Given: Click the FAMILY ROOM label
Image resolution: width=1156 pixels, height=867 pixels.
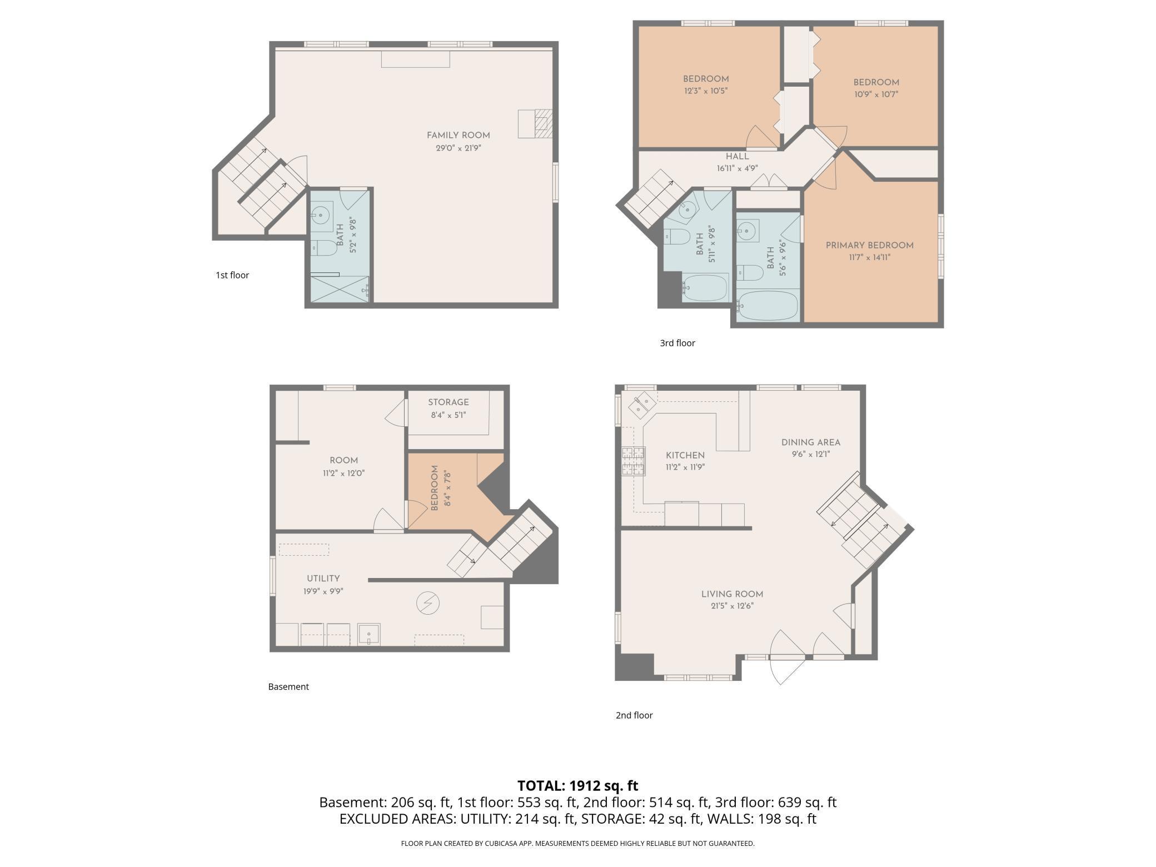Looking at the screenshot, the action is point(458,135).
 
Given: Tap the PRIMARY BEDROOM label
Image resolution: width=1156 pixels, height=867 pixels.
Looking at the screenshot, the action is point(869,245).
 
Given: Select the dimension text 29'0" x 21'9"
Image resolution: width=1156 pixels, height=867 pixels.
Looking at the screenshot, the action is point(458,148).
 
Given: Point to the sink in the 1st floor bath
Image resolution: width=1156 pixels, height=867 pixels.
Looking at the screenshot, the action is point(321,213).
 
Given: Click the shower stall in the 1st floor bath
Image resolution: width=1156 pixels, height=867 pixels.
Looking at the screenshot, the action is point(339,289).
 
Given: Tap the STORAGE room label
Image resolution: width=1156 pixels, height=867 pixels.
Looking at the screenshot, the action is point(448,402).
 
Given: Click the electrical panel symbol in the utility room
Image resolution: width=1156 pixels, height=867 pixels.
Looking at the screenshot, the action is point(428,603).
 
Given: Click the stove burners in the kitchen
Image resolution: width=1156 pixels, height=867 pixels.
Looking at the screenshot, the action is point(633,461).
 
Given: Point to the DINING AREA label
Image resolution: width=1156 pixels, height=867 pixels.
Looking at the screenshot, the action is point(810,442).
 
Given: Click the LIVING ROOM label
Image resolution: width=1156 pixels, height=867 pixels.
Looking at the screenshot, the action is point(732,594).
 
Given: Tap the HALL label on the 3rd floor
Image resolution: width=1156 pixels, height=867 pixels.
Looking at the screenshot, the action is point(737,156).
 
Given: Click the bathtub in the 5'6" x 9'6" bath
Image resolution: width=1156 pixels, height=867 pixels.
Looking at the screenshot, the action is point(768,306).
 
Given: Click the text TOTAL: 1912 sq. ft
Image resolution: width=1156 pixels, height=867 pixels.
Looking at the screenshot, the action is point(577,785).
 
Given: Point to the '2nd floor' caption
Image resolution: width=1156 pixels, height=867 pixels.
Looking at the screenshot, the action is point(634,715).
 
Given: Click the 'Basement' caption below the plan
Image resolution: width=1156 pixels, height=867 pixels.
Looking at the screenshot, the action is point(288,686).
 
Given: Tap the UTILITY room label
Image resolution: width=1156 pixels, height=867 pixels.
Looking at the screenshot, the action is point(323,578).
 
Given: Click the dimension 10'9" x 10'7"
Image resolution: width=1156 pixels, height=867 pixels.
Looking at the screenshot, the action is point(876,94).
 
